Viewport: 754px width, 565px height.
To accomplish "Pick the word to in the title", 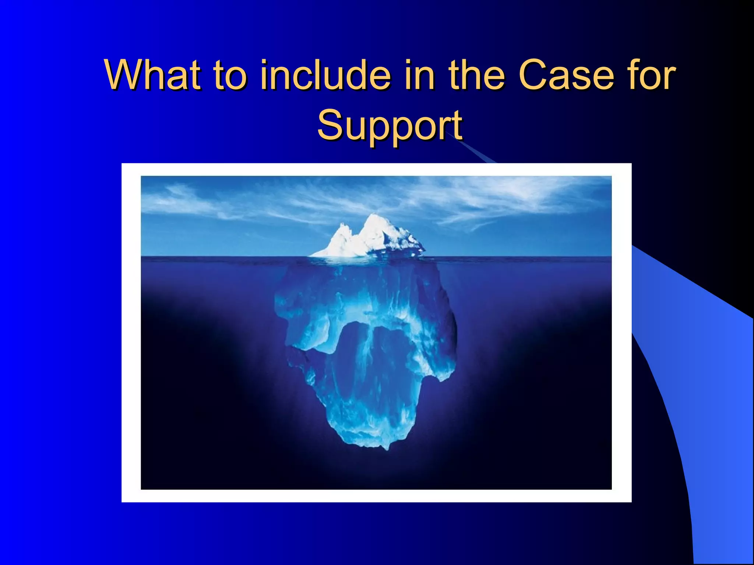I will click(228, 75).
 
